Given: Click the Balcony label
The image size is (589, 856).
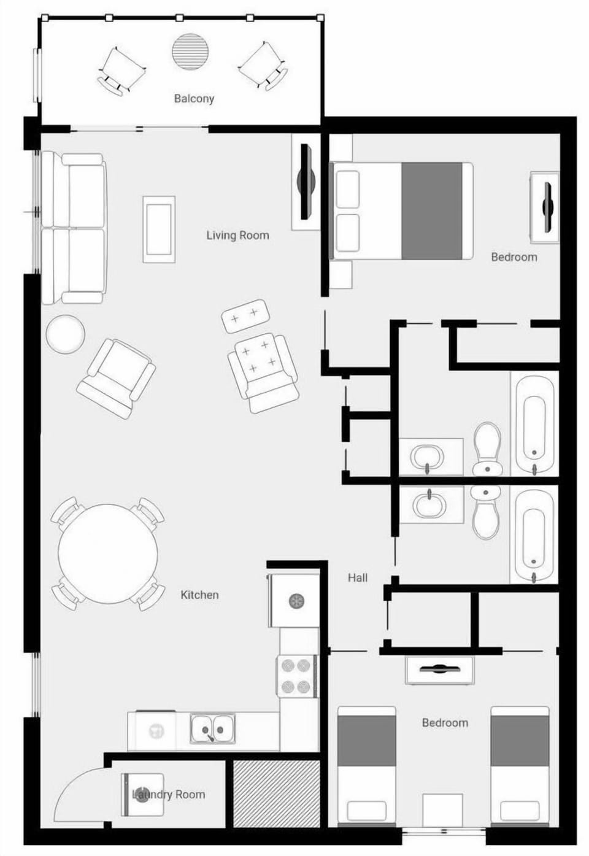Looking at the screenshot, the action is (194, 98).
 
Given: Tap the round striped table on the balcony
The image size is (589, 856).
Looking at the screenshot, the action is (190, 51).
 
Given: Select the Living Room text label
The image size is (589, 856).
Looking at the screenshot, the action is (237, 235).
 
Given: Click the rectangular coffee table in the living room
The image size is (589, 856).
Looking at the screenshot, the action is (159, 229).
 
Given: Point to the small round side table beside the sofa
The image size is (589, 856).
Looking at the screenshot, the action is (65, 334).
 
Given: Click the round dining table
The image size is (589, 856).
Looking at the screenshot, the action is (108, 553).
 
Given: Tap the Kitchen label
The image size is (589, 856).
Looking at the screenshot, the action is (199, 595).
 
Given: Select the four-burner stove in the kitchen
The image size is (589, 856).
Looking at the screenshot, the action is (296, 676).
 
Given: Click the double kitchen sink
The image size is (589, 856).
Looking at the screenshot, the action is (213, 730).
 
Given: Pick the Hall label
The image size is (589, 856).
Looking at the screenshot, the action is (358, 577).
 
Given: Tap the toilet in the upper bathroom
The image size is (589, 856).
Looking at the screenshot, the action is (487, 449).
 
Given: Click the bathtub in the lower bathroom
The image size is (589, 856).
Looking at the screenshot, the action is (534, 535).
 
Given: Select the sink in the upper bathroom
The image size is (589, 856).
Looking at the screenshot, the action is (426, 457).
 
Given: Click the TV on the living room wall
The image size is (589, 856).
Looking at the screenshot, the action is (306, 182).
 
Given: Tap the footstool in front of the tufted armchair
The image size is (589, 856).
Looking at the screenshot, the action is (245, 315).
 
